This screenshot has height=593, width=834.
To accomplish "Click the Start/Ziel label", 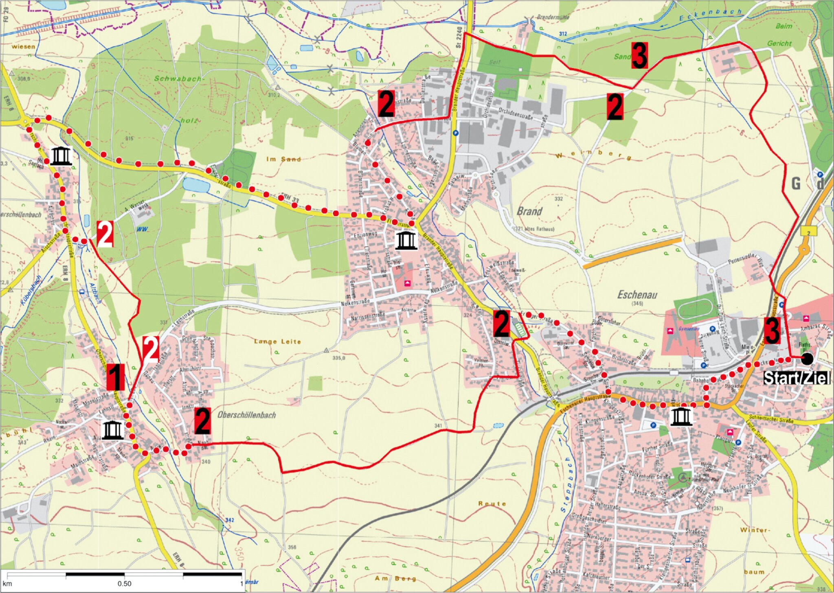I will (796, 378).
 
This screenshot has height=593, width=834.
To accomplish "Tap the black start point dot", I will (807, 359).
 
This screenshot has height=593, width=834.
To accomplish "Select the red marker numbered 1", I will (115, 377).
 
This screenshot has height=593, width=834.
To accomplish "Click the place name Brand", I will (529, 211).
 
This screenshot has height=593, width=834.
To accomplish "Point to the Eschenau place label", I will (637, 295).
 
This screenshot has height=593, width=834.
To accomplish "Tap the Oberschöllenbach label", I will (247, 415).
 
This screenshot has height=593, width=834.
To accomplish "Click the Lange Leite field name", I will (277, 341).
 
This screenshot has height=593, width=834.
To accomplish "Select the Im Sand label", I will (283, 159).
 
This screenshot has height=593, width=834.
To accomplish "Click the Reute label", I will (492, 503).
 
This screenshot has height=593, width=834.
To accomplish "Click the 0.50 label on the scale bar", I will (125, 584).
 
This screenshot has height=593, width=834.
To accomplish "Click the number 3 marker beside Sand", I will (639, 56).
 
